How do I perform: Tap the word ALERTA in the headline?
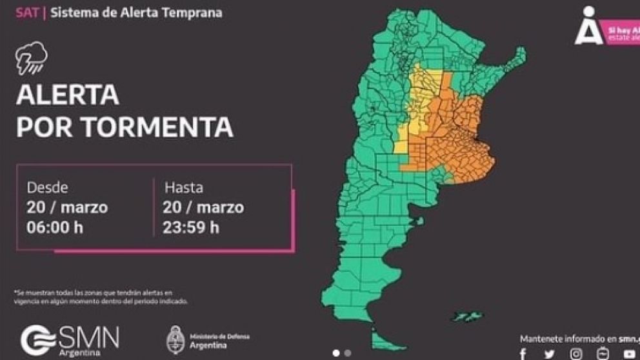(68, 95)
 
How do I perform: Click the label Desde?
(48, 188)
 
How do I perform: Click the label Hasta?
(184, 188)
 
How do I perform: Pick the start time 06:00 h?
(55, 227)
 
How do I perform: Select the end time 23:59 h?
(192, 227)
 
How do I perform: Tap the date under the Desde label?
(67, 208)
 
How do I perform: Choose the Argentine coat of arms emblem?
(175, 339)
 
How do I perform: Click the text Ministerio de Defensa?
(219, 336)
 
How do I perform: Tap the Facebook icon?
(523, 354)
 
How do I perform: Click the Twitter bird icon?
(549, 354)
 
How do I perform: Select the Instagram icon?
(576, 353)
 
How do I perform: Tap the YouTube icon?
(629, 354)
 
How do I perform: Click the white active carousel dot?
(336, 353)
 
